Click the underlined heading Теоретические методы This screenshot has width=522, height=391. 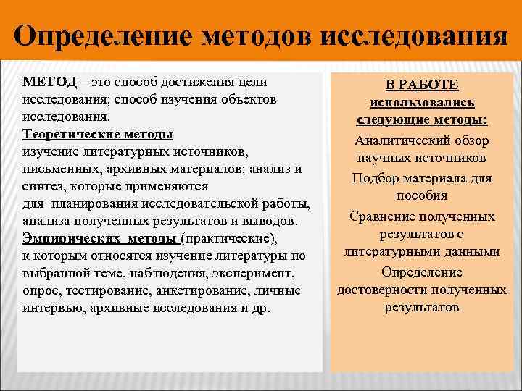(98, 134)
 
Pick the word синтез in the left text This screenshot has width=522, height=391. (43, 186)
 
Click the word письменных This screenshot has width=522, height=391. (56, 169)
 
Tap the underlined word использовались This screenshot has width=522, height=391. (423, 103)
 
